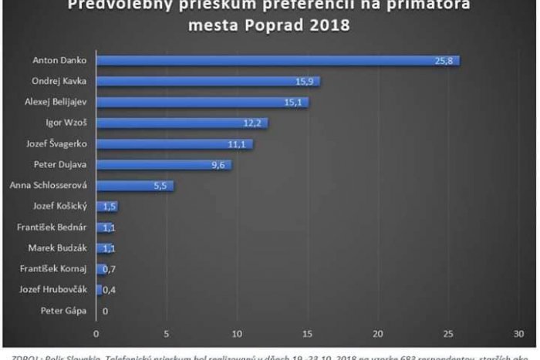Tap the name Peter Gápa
tap(69, 311)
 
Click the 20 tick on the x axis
tap(377, 333)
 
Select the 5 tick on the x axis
tap(167, 333)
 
